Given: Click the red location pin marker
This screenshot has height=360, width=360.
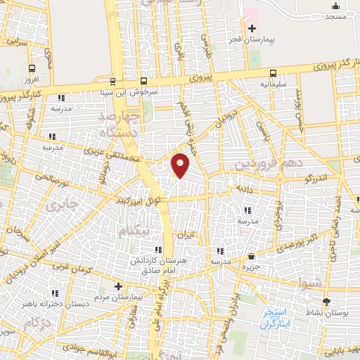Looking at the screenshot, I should pyautogui.click(x=181, y=165).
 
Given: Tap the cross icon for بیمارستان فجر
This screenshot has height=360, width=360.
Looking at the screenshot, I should pyautogui.click(x=251, y=28).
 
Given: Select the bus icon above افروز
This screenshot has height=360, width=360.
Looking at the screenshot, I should pyautogui.click(x=32, y=69).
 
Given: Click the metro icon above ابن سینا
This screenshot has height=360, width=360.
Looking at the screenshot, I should pyautogui.click(x=112, y=82).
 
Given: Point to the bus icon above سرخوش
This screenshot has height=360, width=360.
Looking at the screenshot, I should pyautogui.click(x=143, y=82).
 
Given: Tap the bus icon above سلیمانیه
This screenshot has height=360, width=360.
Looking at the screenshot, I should pyautogui.click(x=273, y=72).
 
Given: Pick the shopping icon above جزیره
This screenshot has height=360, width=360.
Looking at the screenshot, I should pyautogui.click(x=252, y=257).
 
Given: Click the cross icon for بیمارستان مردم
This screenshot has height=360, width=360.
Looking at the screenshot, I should pyautogui.click(x=118, y=286).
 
